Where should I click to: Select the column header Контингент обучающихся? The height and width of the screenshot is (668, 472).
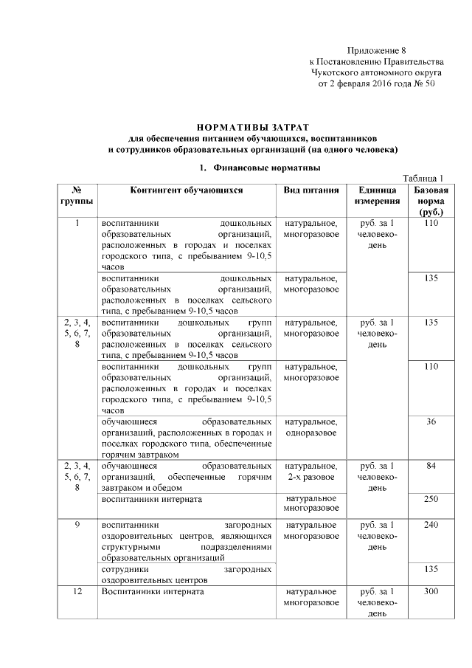(x=187, y=190)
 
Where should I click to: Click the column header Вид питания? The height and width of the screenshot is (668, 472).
(x=310, y=190)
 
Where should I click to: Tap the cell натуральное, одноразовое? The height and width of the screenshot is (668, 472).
(x=310, y=427)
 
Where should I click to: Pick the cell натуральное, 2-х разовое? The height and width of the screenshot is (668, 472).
(x=310, y=472)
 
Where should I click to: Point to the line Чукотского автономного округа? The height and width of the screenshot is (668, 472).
(x=376, y=73)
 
